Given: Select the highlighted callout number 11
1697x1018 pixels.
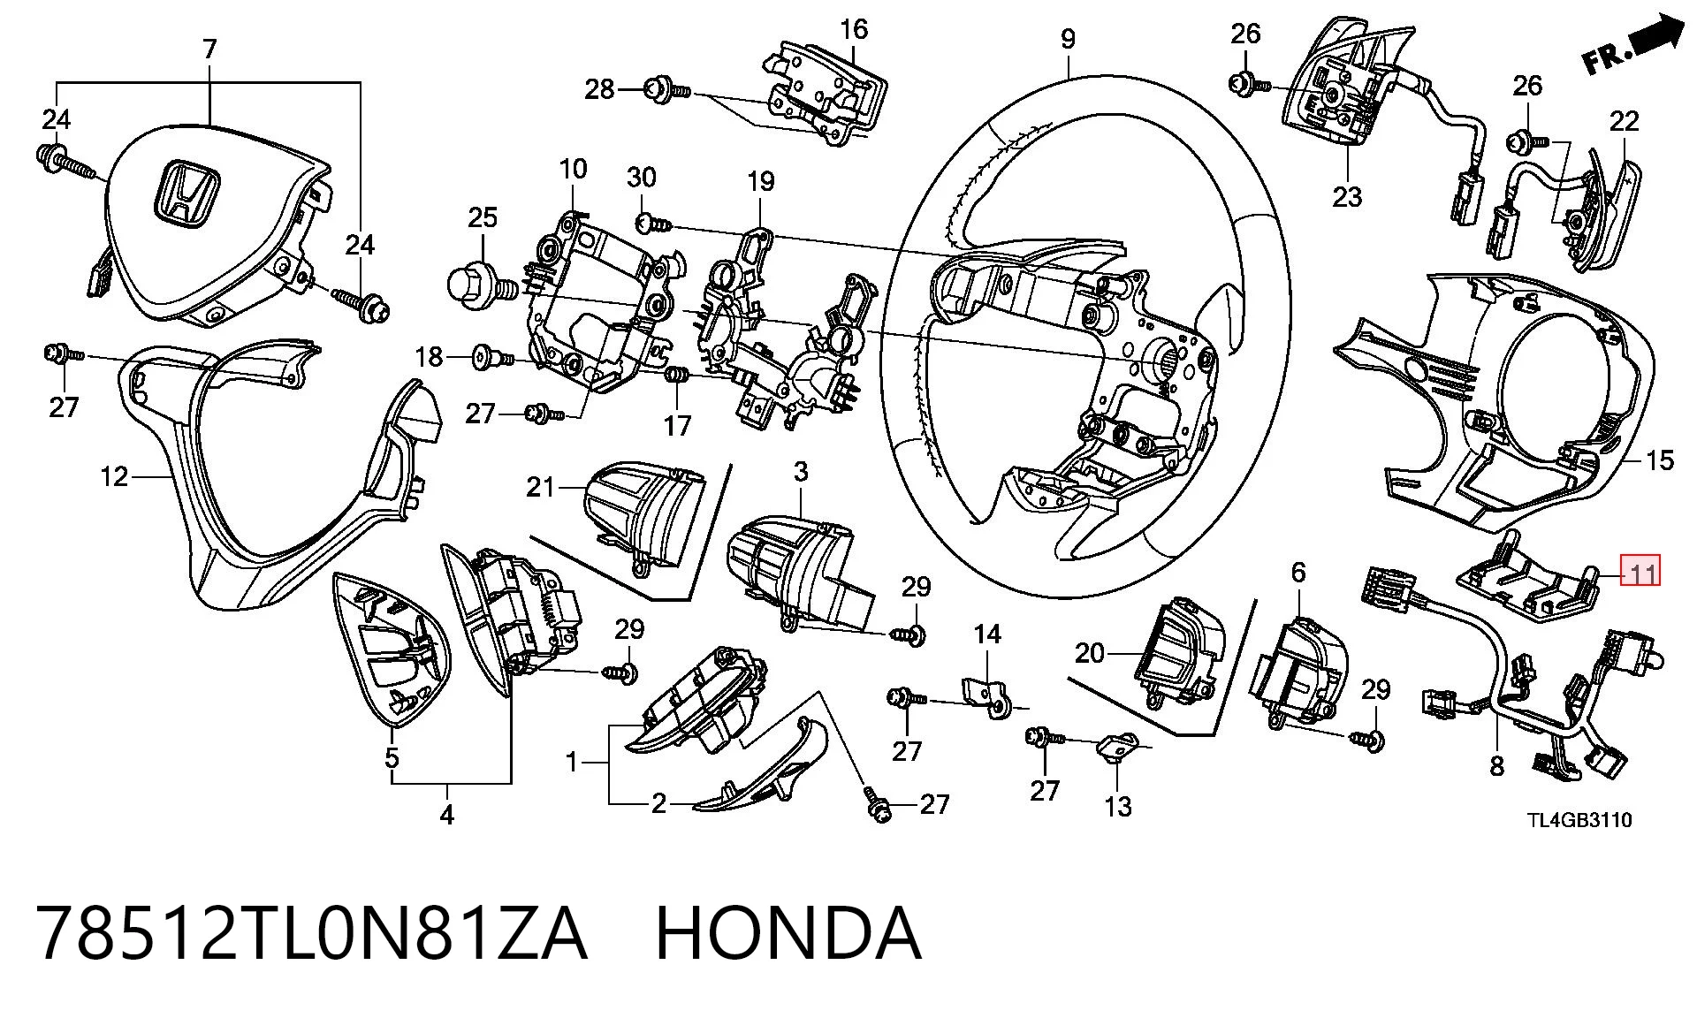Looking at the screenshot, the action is click(1640, 572).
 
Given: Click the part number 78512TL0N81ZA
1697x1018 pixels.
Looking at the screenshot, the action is click(311, 933).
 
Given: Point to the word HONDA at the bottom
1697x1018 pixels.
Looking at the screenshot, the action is click(788, 933).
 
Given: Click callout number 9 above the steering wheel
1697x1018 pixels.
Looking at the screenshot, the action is click(1068, 39).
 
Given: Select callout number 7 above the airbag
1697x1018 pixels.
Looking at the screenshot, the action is click(209, 49).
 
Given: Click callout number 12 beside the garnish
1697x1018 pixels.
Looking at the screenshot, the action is click(114, 477).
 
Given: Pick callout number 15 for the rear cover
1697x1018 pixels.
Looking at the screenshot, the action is click(1660, 460).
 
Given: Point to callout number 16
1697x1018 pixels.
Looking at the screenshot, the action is click(854, 29).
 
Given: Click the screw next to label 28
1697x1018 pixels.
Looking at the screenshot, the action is click(669, 89).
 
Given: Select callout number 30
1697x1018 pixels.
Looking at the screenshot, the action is click(642, 178).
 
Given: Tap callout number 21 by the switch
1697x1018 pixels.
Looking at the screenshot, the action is click(541, 486).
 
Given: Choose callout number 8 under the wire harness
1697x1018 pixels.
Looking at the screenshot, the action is click(1496, 766).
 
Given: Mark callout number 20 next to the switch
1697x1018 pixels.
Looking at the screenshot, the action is click(1090, 653).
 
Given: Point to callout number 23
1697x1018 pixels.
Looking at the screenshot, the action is click(1348, 196).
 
